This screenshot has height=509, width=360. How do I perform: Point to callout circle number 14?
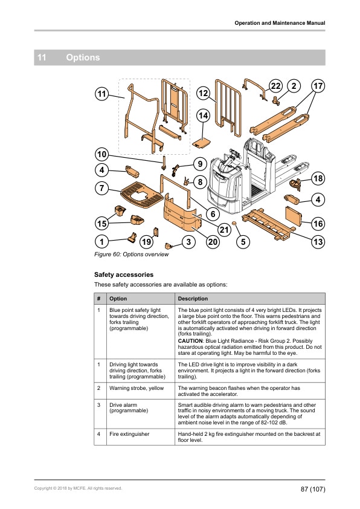pos(203,115)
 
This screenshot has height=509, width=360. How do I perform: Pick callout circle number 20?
pos(212,242)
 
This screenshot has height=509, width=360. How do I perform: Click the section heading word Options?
pos(83,58)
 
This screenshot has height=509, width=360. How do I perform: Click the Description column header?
pos(193,299)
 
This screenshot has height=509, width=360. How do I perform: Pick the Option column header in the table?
pos(118,299)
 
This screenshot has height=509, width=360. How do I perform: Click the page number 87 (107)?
pos(313,488)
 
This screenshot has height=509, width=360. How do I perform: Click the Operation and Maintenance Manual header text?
pos(280,23)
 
